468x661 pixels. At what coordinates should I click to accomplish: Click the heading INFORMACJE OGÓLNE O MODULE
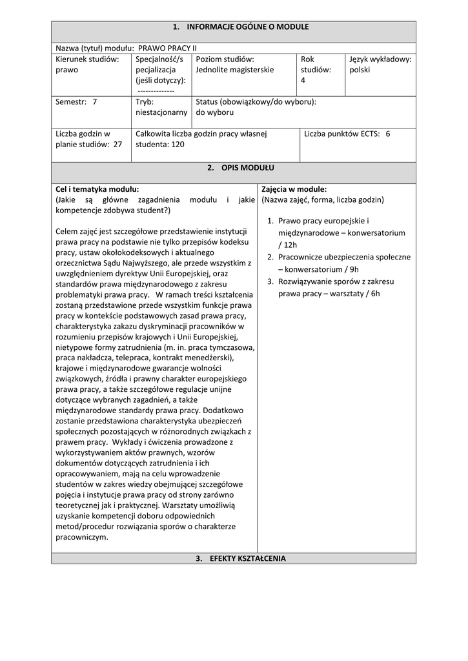point(241,27)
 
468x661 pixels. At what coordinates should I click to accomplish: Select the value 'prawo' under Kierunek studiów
point(66,70)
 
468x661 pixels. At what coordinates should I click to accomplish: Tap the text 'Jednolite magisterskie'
point(234,70)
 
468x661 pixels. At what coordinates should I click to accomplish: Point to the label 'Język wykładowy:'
point(380,59)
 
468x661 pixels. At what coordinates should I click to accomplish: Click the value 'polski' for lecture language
point(360,70)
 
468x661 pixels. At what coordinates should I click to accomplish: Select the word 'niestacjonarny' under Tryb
point(161,112)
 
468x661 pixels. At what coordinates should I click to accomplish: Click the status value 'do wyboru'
point(215,112)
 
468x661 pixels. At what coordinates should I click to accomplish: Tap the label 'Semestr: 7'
point(76,101)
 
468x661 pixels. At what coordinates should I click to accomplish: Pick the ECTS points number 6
point(388,134)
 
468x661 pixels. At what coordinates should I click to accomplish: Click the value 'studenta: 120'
point(160,145)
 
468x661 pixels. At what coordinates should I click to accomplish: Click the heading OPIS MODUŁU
point(241,168)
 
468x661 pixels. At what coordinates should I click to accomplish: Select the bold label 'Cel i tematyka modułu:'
point(97,189)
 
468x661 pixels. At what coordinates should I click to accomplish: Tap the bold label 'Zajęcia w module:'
point(294,189)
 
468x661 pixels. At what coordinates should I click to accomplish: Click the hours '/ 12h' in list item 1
point(288,245)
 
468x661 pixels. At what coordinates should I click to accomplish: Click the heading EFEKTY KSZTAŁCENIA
point(241,558)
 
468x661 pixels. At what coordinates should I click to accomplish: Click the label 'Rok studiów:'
point(316,64)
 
